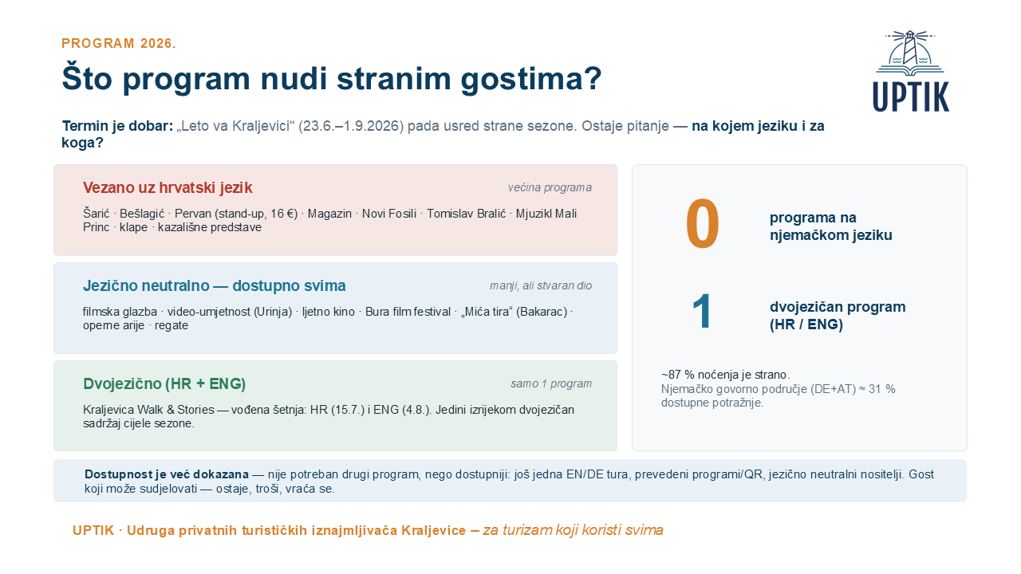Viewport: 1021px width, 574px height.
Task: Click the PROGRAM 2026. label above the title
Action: click(119, 43)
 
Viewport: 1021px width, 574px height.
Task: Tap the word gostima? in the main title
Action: click(531, 79)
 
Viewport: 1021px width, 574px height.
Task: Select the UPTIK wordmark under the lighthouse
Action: click(911, 96)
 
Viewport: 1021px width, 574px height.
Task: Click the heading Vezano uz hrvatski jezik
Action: click(168, 187)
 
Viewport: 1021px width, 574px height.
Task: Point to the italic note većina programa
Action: click(550, 187)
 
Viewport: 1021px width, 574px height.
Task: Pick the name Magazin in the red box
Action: click(329, 214)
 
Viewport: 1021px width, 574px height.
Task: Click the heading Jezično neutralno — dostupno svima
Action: click(215, 285)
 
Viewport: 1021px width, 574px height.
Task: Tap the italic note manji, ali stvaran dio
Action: click(541, 285)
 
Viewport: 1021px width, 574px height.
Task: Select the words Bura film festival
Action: click(408, 312)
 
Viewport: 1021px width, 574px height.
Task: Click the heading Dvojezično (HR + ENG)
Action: click(164, 384)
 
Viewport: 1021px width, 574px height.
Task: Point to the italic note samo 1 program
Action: click(551, 383)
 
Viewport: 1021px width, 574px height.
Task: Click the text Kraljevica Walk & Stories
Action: click(148, 410)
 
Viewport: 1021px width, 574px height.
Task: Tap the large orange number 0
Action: click(703, 224)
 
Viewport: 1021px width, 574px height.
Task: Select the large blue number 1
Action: click(701, 311)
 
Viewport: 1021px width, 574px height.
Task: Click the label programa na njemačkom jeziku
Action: click(830, 226)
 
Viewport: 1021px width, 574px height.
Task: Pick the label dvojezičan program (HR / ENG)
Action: click(838, 315)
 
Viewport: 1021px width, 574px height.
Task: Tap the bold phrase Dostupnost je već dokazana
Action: click(167, 474)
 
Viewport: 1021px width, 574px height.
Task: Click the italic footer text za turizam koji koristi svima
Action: click(573, 530)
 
